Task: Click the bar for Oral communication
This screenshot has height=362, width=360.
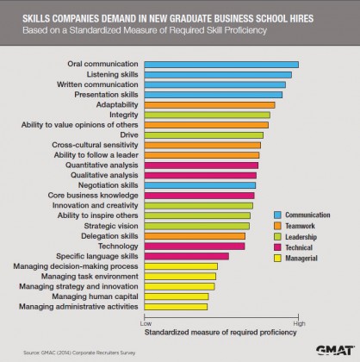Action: [220, 65]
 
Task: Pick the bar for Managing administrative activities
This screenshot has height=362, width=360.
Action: [176, 306]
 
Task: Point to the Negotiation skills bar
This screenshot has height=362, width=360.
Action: [200, 185]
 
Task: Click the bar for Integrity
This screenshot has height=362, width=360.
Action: [207, 115]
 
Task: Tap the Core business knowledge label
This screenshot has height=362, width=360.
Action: [96, 196]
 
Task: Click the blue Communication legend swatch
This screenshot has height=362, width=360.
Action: [279, 215]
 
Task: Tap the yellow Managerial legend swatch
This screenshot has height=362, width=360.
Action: [279, 258]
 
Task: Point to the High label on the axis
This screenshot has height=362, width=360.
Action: [298, 323]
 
